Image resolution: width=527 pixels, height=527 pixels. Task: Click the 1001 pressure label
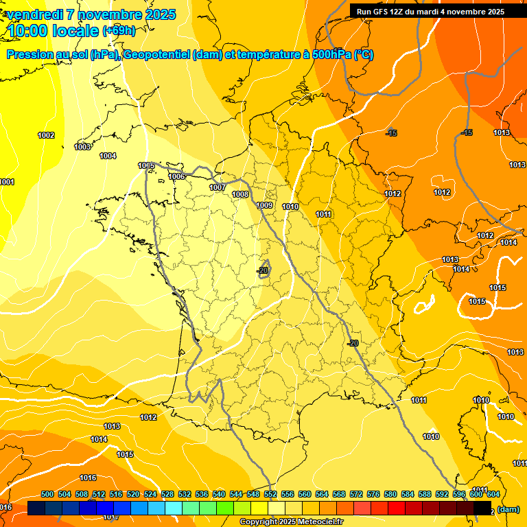(x=7, y=182)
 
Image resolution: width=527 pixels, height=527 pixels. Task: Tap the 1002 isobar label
(x=46, y=135)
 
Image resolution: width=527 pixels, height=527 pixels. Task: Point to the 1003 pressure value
(x=82, y=147)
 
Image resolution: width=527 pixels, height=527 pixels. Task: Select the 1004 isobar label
(x=108, y=156)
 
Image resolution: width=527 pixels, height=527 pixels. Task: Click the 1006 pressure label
(x=176, y=176)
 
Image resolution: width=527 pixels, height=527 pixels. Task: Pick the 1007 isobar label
(x=218, y=187)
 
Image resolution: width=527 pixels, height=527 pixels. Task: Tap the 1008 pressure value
(x=240, y=194)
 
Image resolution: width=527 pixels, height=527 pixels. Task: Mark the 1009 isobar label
(x=264, y=205)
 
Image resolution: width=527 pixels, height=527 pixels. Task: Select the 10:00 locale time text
(x=52, y=31)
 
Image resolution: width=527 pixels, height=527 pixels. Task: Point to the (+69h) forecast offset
(x=119, y=31)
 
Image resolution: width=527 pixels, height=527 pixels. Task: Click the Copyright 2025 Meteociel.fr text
(x=292, y=522)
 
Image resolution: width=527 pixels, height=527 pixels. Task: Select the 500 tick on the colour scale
(x=47, y=494)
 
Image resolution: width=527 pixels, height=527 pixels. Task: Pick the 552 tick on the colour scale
(x=270, y=494)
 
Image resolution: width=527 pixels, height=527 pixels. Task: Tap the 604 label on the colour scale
(x=493, y=494)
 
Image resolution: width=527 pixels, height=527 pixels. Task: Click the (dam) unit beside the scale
(x=508, y=509)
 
